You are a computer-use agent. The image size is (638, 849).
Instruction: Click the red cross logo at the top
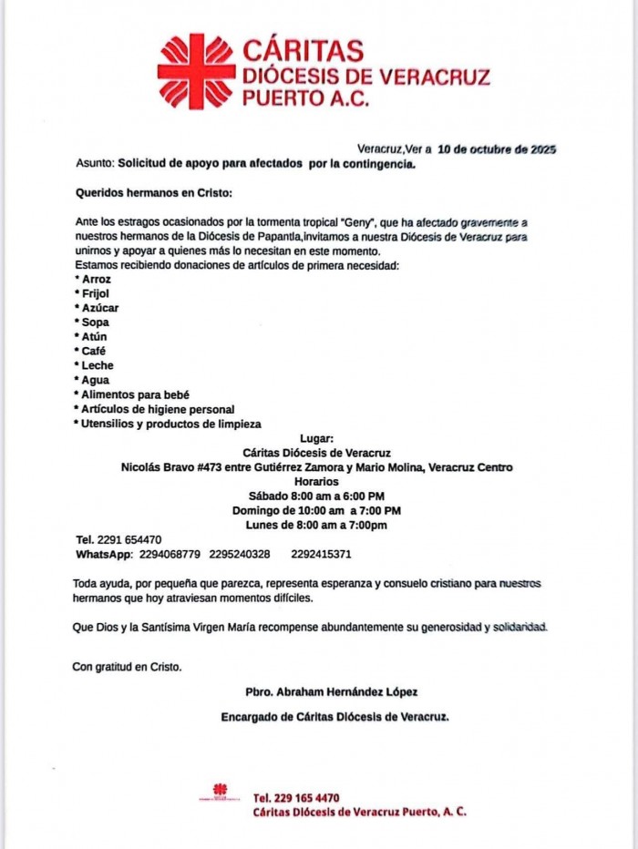point(195,70)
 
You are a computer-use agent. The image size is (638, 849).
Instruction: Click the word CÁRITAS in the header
point(303,50)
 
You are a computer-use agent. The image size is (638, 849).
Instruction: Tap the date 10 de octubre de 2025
point(497,148)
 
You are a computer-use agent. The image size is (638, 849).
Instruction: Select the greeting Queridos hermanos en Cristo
point(153,193)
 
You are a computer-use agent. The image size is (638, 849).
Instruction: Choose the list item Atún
point(91,337)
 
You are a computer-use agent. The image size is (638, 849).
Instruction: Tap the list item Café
point(92,352)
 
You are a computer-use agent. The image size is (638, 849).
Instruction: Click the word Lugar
point(316,438)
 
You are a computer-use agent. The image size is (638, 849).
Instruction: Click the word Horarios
point(316,481)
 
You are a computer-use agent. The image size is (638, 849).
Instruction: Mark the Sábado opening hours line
point(316,496)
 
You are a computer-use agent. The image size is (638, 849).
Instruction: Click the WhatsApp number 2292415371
point(321,554)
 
